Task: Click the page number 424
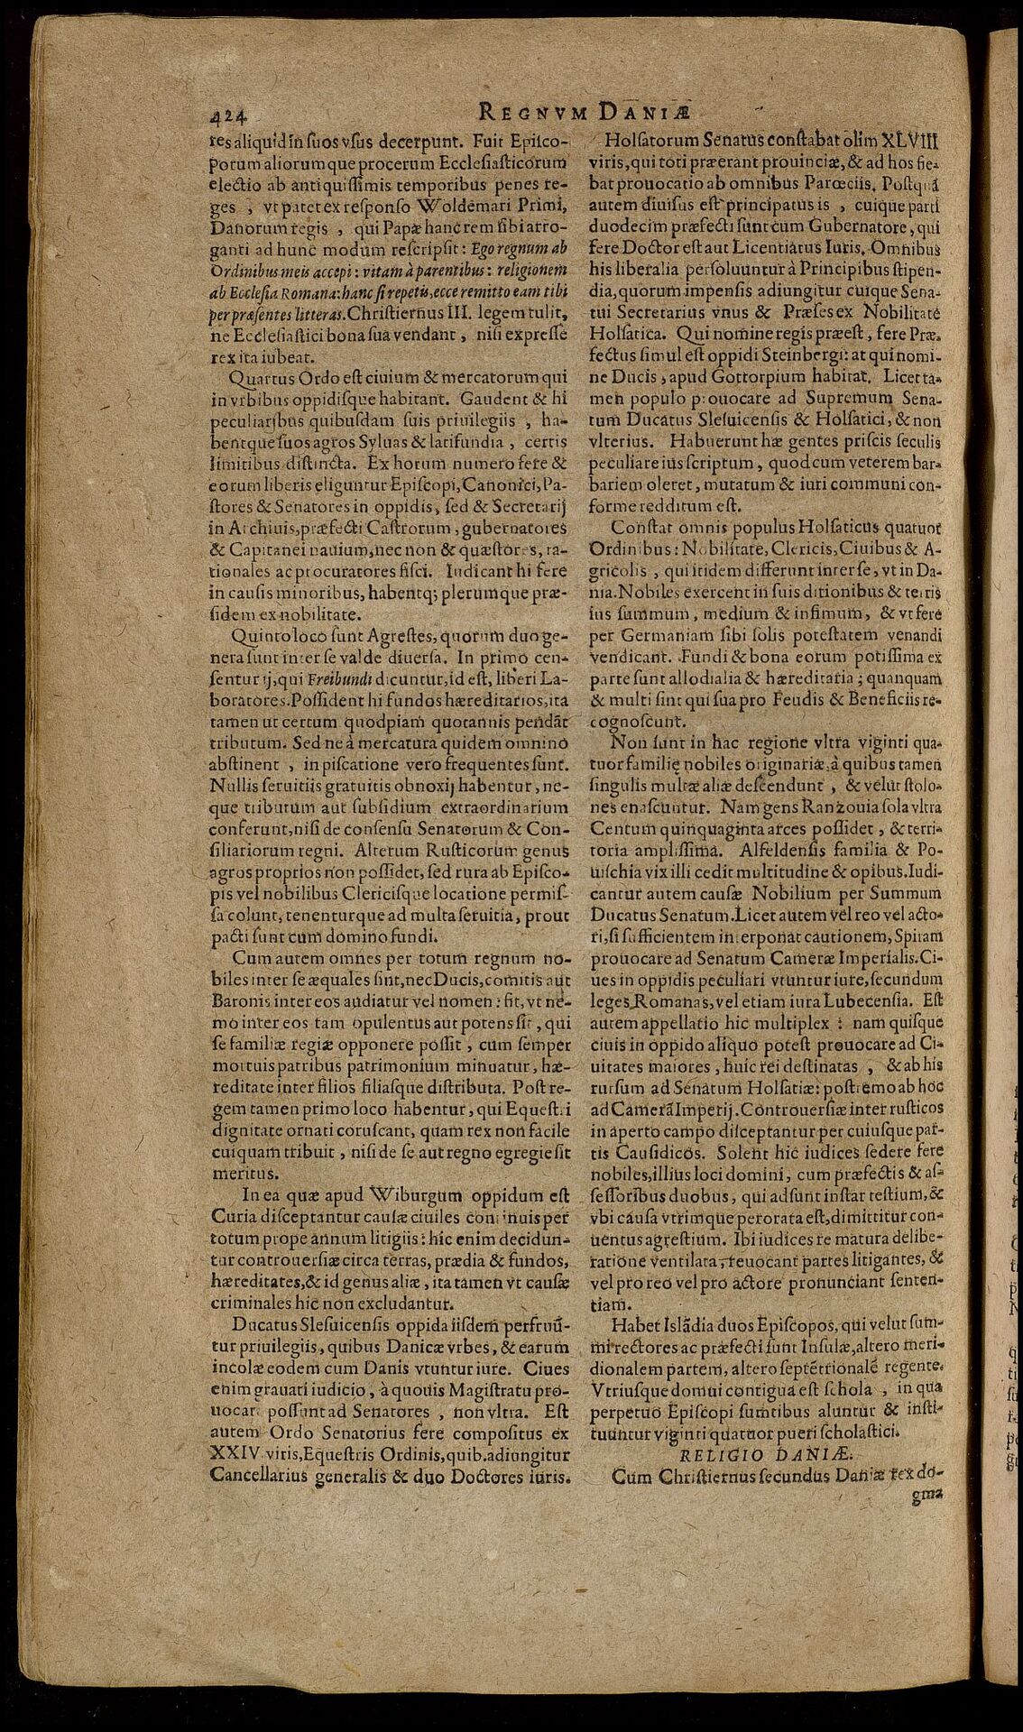pyautogui.click(x=229, y=114)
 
